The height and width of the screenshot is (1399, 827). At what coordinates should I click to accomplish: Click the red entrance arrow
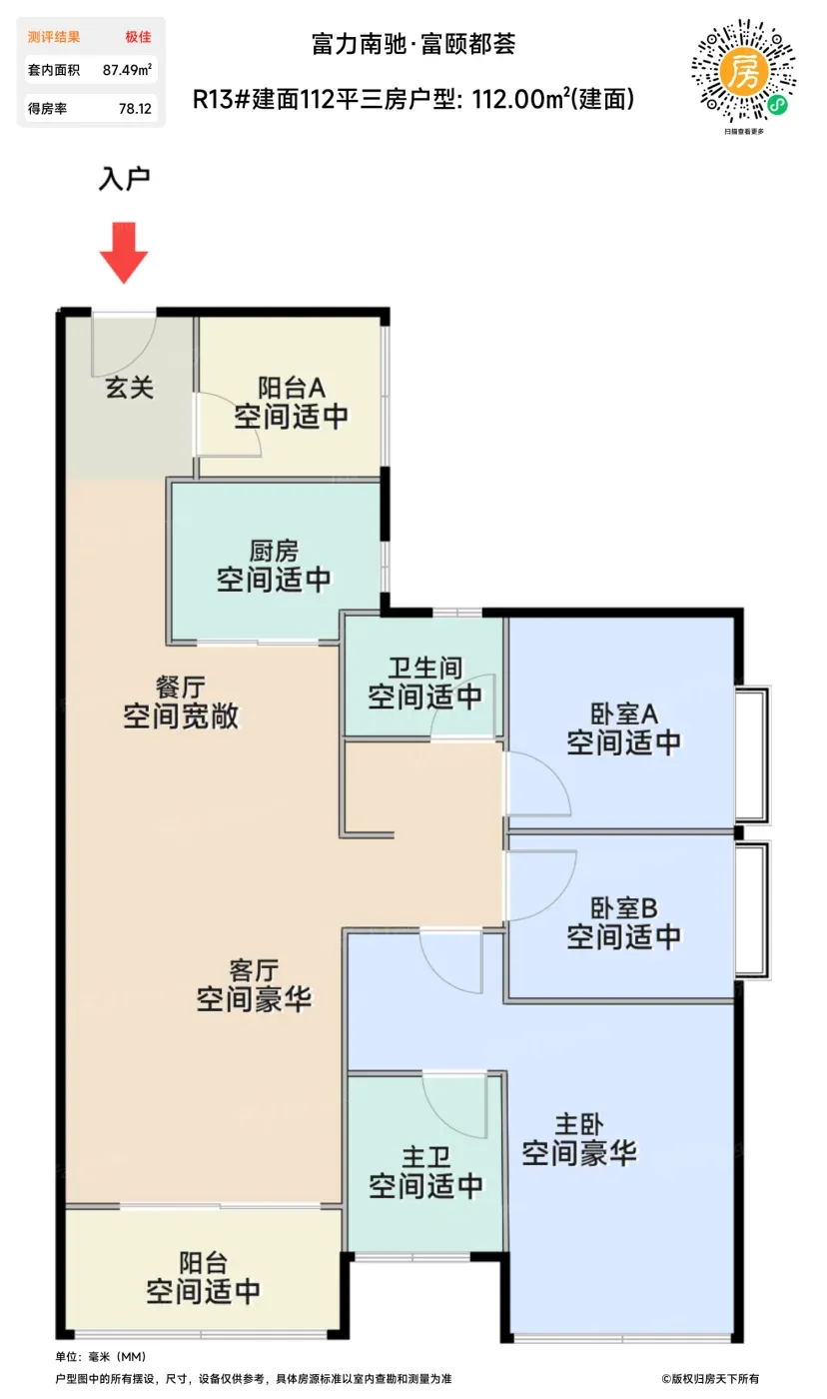tap(124, 252)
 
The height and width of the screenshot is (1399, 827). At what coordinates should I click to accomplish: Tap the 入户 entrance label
tap(124, 179)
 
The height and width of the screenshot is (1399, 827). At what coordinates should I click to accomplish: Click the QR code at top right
tap(743, 71)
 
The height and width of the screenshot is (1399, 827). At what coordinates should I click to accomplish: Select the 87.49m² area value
tap(127, 70)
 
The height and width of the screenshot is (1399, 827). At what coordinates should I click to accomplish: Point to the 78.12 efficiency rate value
tap(136, 109)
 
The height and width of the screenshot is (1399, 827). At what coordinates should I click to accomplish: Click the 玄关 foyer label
tap(129, 388)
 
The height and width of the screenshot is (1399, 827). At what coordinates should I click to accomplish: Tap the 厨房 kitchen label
tap(274, 551)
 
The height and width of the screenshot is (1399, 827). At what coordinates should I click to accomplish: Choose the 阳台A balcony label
tap(292, 388)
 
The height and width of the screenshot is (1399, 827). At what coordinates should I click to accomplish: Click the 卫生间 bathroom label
tap(425, 669)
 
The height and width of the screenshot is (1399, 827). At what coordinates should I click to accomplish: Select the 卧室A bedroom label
tap(623, 713)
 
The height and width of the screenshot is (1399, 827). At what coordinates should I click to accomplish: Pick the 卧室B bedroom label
tap(623, 908)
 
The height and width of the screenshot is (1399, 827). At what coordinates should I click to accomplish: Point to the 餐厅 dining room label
tap(181, 688)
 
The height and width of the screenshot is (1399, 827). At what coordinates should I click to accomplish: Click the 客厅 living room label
tap(254, 970)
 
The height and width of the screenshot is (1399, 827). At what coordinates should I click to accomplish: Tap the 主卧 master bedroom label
tap(579, 1124)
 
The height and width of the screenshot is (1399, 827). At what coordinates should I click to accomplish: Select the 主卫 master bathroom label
tap(425, 1157)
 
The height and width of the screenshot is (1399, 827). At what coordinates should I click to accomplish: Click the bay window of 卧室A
tap(752, 754)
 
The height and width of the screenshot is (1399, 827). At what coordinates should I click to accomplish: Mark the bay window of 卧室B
tap(752, 909)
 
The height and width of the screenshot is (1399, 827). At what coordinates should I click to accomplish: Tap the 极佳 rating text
tap(138, 37)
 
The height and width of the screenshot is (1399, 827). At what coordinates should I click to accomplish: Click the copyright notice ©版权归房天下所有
tap(710, 1378)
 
